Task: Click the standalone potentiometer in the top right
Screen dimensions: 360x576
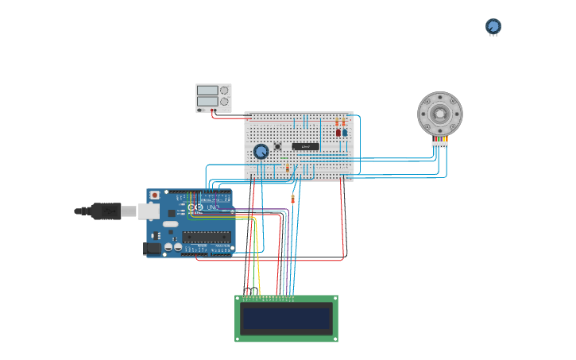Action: pyautogui.click(x=493, y=26)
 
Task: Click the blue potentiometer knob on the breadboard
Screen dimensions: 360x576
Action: pyautogui.click(x=261, y=151)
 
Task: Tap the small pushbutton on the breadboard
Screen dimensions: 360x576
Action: pyautogui.click(x=278, y=146)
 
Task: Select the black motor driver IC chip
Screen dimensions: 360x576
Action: pyautogui.click(x=305, y=146)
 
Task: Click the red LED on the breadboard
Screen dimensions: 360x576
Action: pyautogui.click(x=338, y=133)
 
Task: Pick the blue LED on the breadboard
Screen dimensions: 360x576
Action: pyautogui.click(x=345, y=133)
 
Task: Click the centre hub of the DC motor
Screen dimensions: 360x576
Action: pyautogui.click(x=439, y=114)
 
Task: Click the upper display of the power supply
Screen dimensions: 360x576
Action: pyautogui.click(x=207, y=91)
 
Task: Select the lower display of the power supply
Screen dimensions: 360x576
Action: pyautogui.click(x=207, y=101)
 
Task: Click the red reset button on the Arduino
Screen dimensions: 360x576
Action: pyautogui.click(x=154, y=195)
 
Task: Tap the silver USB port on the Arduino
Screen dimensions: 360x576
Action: pyautogui.click(x=149, y=211)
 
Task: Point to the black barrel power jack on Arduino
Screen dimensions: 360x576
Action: pyautogui.click(x=151, y=249)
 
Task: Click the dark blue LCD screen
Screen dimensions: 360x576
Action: pyautogui.click(x=286, y=319)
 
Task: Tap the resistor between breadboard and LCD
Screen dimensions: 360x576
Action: pyautogui.click(x=292, y=199)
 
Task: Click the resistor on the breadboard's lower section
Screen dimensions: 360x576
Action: pyautogui.click(x=287, y=168)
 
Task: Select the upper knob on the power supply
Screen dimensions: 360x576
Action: pyautogui.click(x=224, y=91)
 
